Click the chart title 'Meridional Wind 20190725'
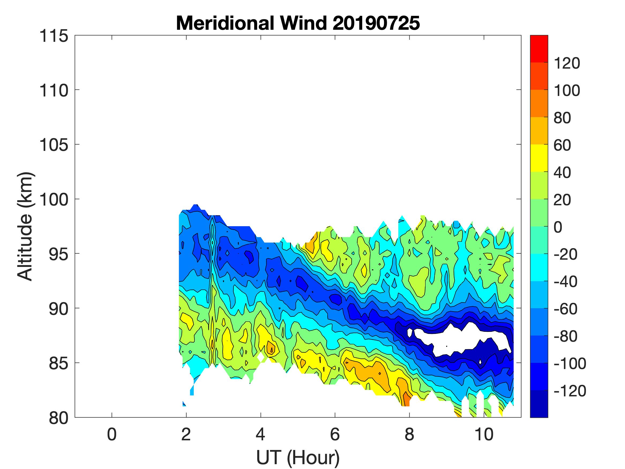click(x=298, y=23)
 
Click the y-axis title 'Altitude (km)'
click(x=26, y=226)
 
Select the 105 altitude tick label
click(x=54, y=145)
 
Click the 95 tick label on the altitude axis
click(x=58, y=254)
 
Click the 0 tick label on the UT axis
click(x=112, y=434)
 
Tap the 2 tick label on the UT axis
click(x=186, y=434)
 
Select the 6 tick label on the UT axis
click(x=335, y=434)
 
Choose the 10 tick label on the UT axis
click(x=484, y=434)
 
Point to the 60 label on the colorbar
click(x=562, y=145)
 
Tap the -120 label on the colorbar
click(x=570, y=391)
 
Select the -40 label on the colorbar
click(x=565, y=282)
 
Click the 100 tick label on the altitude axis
click(x=54, y=200)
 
